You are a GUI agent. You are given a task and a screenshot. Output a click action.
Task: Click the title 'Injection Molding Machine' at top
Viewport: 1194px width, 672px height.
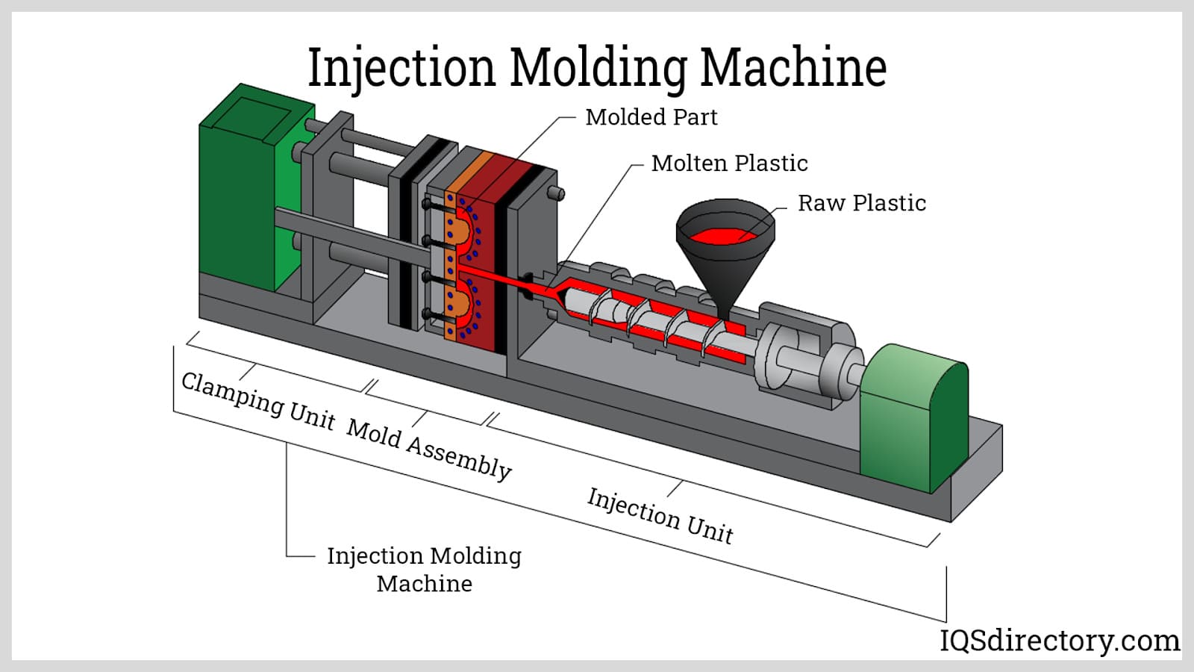click(597, 67)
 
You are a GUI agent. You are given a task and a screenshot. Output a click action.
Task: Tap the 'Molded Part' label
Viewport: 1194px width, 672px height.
click(651, 117)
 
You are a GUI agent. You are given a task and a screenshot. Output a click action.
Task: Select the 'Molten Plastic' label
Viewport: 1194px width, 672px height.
click(729, 164)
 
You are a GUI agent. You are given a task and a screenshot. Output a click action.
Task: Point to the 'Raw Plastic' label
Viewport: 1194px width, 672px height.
click(861, 203)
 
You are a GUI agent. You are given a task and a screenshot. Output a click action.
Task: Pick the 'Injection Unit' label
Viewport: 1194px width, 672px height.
click(660, 515)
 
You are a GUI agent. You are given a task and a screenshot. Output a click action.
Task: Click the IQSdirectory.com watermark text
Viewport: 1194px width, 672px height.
click(1059, 641)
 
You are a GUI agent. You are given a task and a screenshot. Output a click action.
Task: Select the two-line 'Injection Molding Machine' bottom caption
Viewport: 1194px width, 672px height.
click(424, 569)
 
